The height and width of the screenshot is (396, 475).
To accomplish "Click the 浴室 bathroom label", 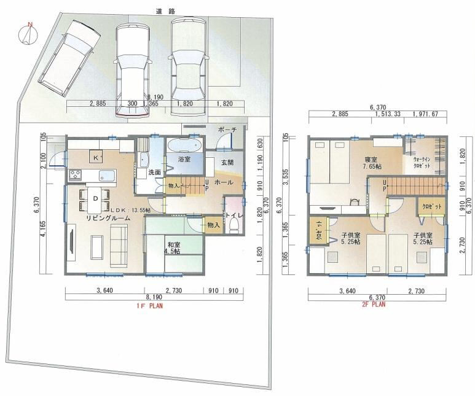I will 184,160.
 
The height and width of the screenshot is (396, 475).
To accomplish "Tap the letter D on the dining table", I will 95,199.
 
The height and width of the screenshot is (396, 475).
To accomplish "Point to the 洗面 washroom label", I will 154,173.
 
